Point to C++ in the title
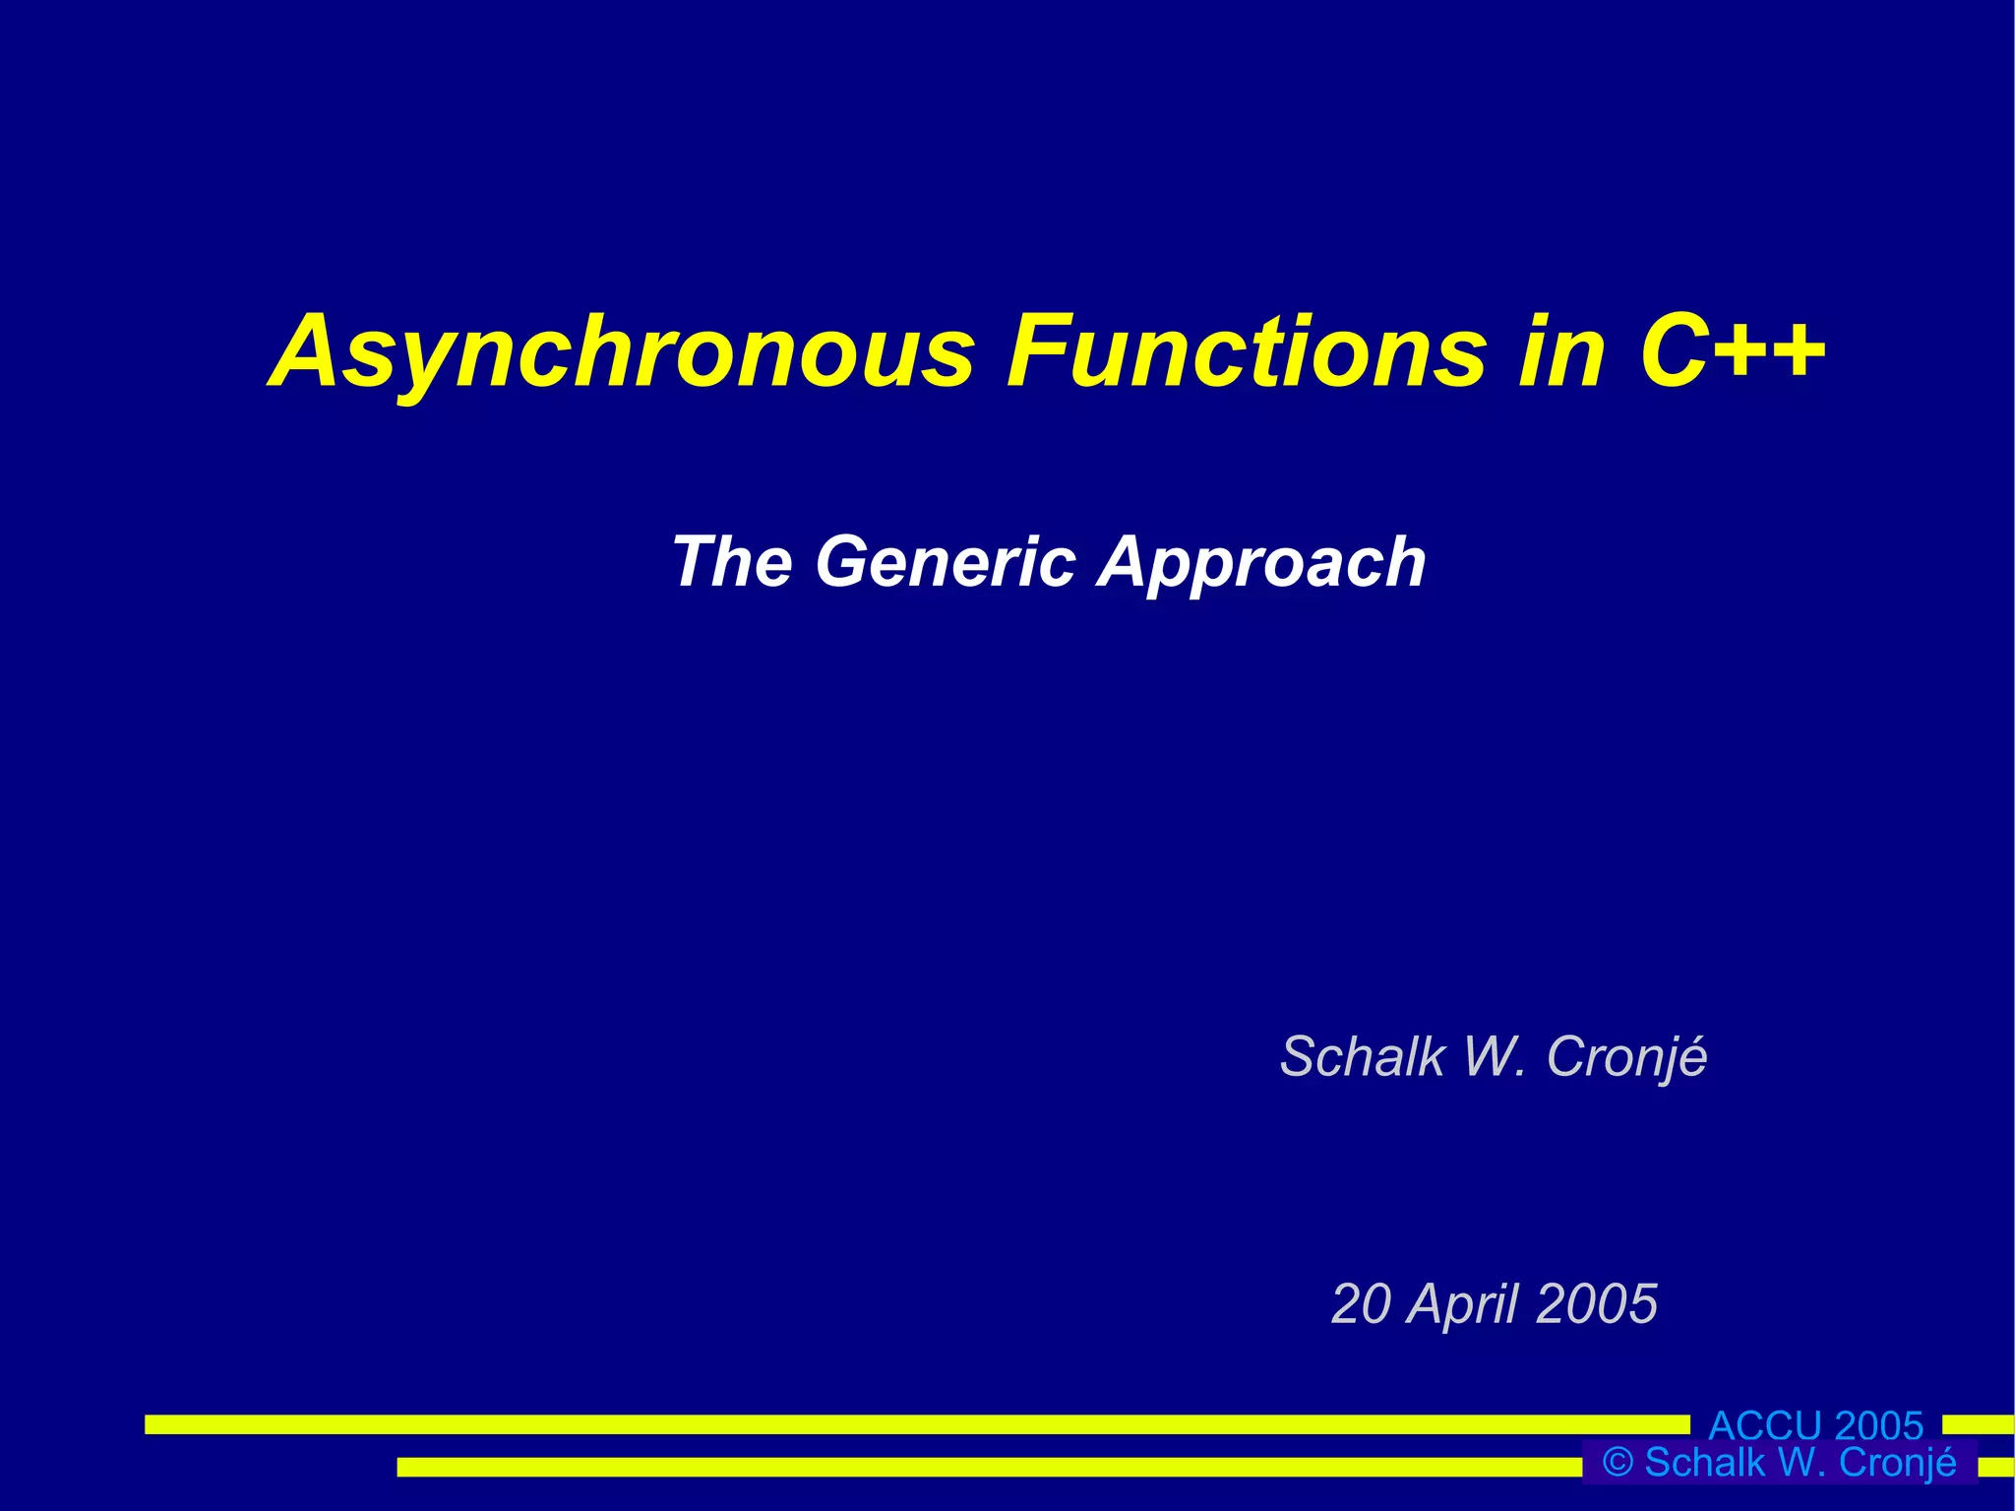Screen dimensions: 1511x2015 1732,352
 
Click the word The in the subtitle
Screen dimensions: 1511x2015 732,562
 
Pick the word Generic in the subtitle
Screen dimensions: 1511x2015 946,562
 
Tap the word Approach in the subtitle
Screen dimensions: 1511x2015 1262,564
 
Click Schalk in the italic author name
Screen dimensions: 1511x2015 1362,1057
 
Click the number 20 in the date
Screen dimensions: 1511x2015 1362,1304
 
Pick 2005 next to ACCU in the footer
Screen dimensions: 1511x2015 1878,1425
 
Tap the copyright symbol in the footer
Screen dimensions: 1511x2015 1618,1463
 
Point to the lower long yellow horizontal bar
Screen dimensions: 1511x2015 984,1467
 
